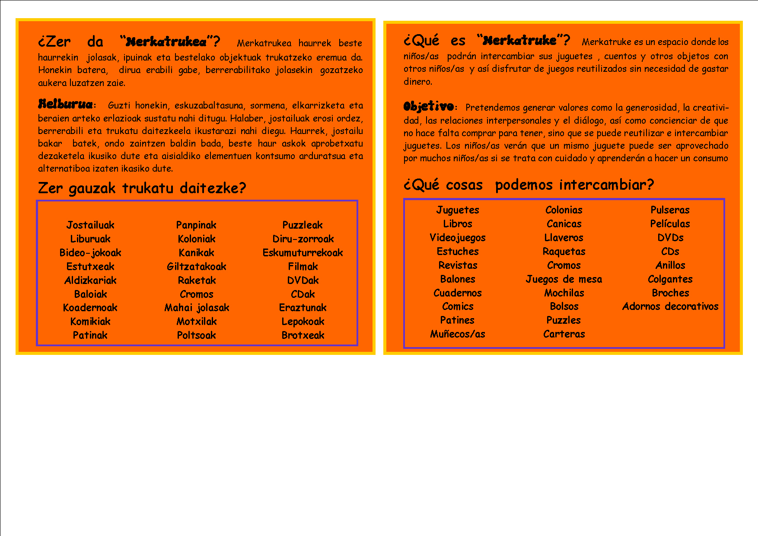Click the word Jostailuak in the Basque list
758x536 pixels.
(90, 225)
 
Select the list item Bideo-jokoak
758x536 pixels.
(90, 252)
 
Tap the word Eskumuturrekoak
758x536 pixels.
(303, 252)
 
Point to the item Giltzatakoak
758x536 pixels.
(197, 266)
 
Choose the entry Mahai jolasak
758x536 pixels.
(197, 307)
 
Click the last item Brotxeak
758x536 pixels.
(303, 335)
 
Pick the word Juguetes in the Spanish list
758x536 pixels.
(458, 210)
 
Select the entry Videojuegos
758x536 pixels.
(458, 237)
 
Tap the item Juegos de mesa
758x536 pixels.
(564, 279)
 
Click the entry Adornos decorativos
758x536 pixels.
(670, 306)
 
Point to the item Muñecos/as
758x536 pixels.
(458, 334)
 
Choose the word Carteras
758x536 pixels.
(564, 334)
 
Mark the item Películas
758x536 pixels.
(670, 223)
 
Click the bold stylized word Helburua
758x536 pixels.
(65, 104)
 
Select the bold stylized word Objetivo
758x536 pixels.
(428, 106)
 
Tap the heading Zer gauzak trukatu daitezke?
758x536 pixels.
(142, 188)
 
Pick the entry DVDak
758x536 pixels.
(303, 280)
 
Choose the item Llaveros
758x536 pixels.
(564, 237)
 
